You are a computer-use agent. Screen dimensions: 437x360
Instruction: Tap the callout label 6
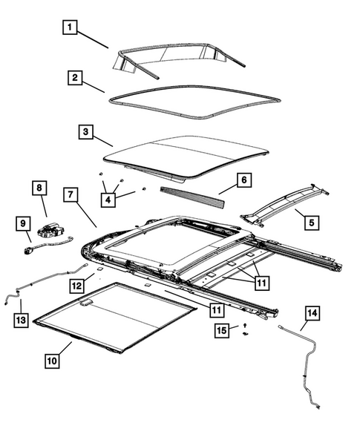click(x=243, y=180)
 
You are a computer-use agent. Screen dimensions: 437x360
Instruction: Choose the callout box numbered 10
click(x=51, y=361)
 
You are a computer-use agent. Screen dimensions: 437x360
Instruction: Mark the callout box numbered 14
click(x=312, y=314)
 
